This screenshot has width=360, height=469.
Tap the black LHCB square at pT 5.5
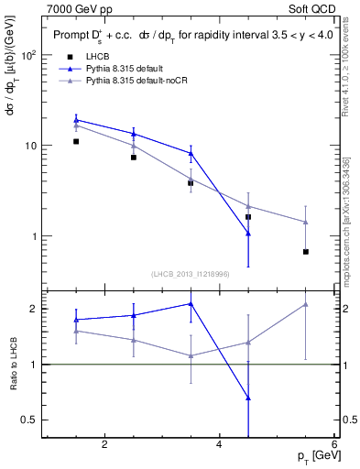306,252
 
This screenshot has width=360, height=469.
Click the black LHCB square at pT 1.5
76,141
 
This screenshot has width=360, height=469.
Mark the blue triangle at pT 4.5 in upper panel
248,234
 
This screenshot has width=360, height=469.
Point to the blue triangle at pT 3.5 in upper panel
191,153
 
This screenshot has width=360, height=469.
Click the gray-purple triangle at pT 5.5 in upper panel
306,222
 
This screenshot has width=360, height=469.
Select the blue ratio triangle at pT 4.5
248,398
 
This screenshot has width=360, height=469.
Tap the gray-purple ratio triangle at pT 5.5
306,304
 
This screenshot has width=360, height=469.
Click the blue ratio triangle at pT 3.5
191,303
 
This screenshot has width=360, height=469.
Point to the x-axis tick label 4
220,445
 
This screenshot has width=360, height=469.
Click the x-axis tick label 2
104,445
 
